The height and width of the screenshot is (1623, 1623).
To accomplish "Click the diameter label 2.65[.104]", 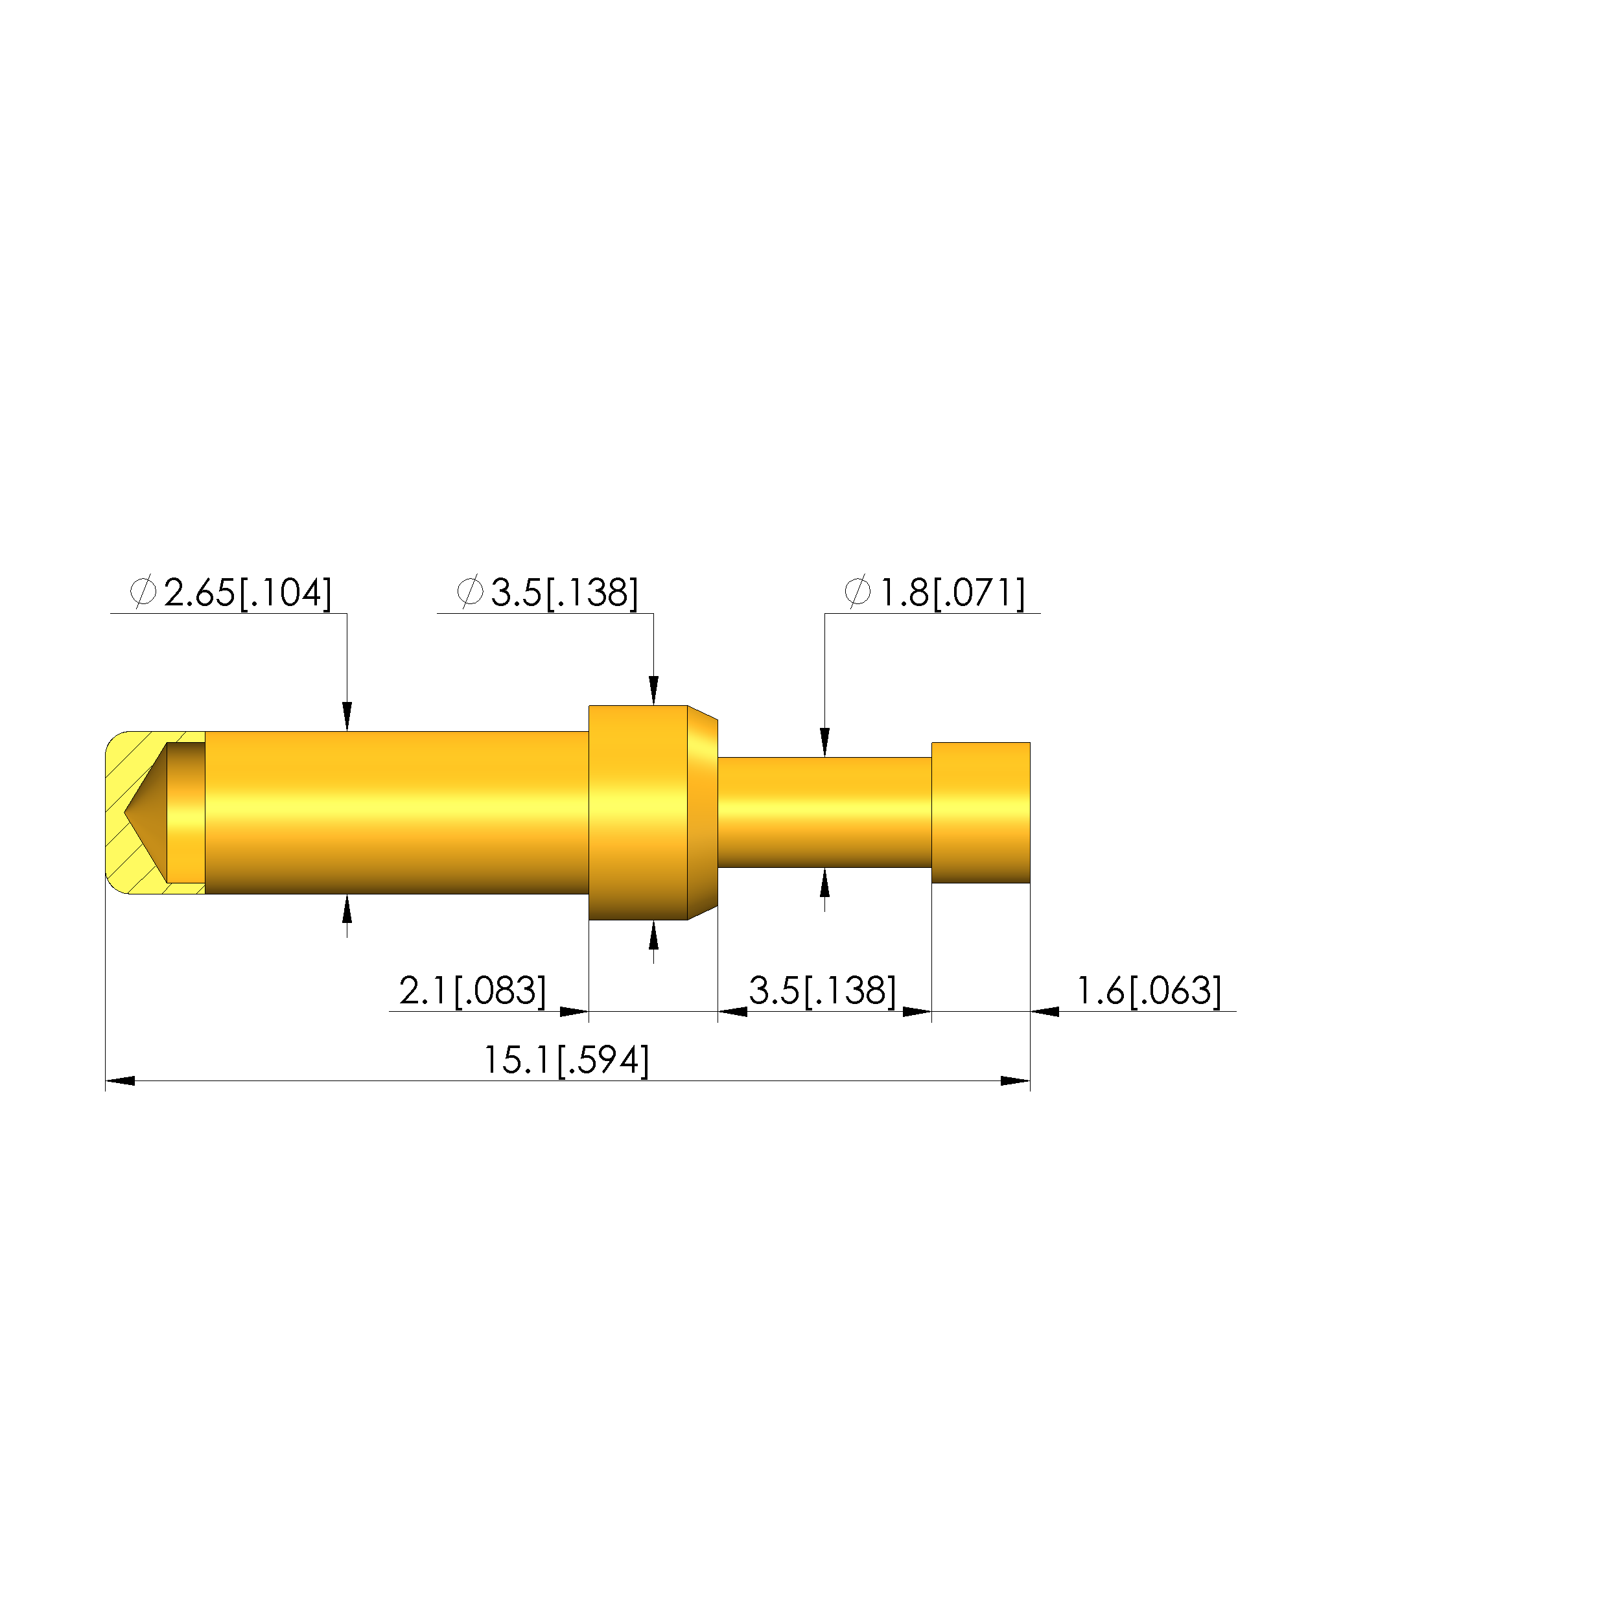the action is tap(248, 593).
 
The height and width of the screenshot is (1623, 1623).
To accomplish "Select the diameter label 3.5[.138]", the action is tap(565, 593).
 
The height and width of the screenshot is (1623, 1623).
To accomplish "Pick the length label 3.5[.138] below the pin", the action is tap(823, 991).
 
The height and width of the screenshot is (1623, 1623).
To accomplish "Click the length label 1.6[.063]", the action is tap(1149, 991).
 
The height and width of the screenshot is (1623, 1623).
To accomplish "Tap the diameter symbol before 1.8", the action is tap(858, 592).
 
